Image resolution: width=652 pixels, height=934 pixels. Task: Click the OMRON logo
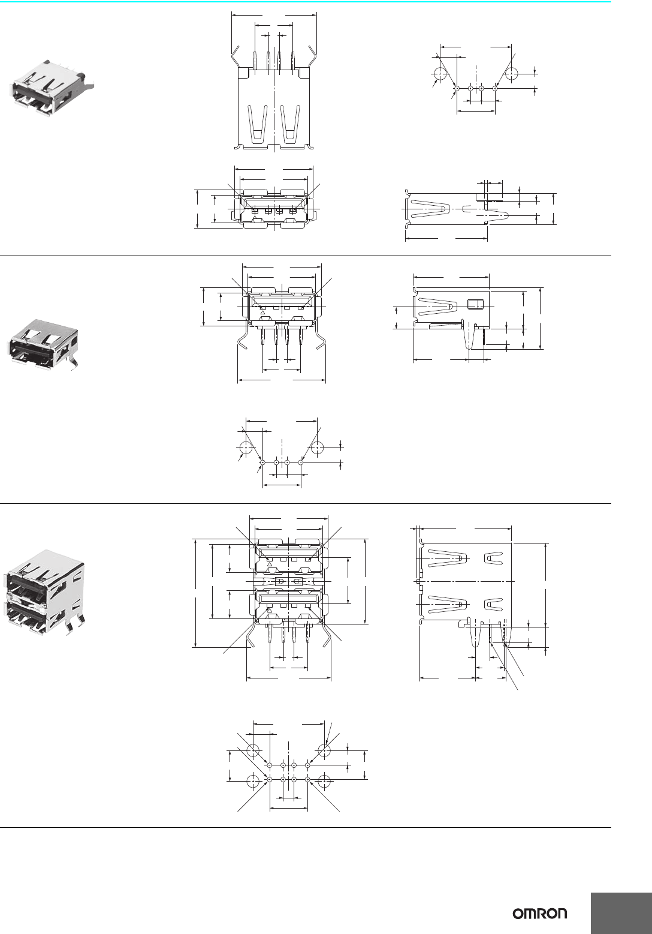click(x=540, y=914)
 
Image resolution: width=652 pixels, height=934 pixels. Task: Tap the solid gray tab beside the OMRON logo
click(x=621, y=913)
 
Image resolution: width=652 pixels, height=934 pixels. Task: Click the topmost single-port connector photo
click(x=52, y=88)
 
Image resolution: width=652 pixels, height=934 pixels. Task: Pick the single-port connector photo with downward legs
click(x=43, y=344)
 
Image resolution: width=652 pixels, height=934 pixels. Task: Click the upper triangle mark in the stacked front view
click(x=270, y=564)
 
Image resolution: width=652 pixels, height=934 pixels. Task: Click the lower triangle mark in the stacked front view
click(x=270, y=610)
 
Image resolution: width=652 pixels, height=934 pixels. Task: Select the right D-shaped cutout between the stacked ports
click(x=297, y=581)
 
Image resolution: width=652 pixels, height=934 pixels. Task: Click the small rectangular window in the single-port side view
click(x=475, y=305)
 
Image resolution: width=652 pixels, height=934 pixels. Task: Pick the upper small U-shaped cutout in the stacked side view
click(x=494, y=558)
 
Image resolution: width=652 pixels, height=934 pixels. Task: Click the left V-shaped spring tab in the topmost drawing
click(x=258, y=124)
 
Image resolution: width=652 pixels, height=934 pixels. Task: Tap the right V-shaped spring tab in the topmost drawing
click(x=290, y=124)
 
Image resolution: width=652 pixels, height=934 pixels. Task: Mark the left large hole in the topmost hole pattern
click(x=440, y=74)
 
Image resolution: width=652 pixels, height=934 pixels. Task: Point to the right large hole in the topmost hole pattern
click(x=511, y=74)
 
